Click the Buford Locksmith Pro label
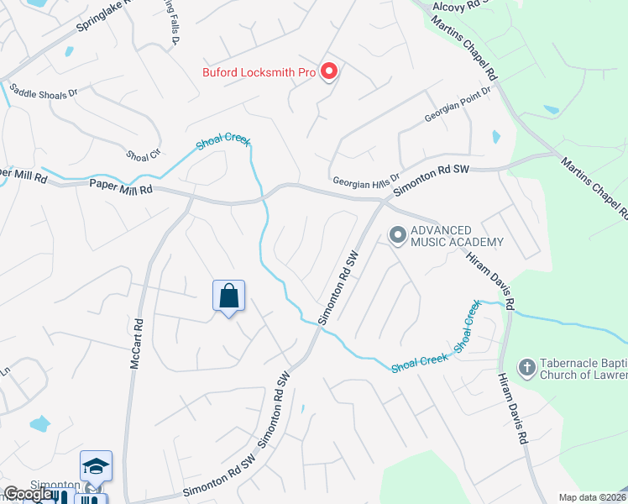(x=259, y=72)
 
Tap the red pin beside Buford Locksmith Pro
(x=328, y=71)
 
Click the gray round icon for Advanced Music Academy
(x=397, y=234)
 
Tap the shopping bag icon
(x=228, y=296)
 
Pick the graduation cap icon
(x=96, y=465)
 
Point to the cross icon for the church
(x=526, y=366)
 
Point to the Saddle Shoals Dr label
(x=42, y=91)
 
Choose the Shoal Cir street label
(x=143, y=155)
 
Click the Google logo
(x=27, y=494)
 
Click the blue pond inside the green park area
(x=552, y=110)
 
